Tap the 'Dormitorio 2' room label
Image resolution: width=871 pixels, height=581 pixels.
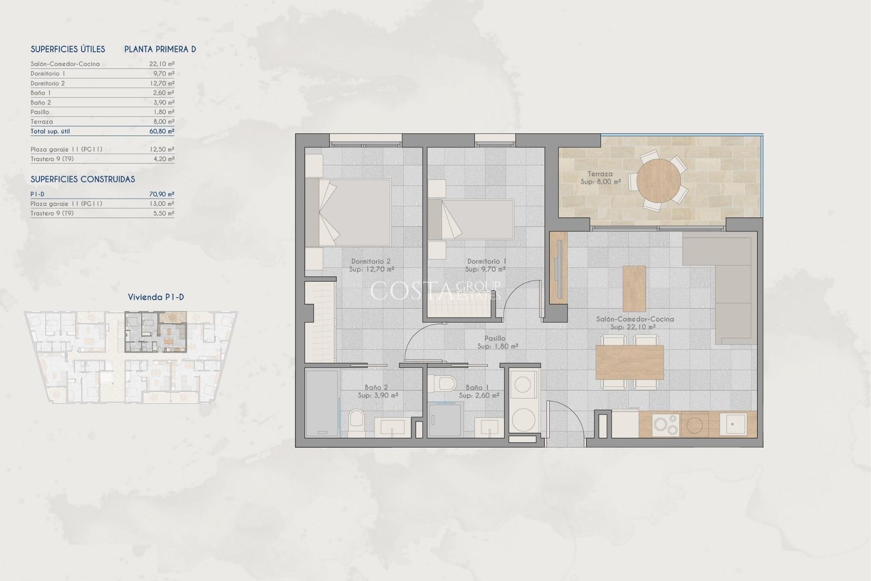[x=371, y=261]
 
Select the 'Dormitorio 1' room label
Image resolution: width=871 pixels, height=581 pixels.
[x=486, y=261]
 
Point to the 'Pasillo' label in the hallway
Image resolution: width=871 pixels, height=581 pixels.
[x=494, y=338]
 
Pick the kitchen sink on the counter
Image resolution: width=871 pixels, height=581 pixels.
[x=733, y=424]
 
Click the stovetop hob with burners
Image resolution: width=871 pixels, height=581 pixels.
[x=666, y=425]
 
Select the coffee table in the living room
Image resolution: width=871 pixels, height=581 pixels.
[x=634, y=289]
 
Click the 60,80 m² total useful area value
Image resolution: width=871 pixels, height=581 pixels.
[x=161, y=131]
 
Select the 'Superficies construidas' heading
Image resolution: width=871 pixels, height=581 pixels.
[x=83, y=179]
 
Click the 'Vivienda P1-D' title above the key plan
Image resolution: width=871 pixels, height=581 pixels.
[x=156, y=297]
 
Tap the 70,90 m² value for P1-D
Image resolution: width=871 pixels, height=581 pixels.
[x=161, y=194]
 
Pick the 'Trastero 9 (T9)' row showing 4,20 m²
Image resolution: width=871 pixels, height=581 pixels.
[x=102, y=159]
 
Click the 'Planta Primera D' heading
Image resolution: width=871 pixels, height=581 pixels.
[x=160, y=49]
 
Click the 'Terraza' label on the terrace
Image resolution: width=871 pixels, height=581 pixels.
[x=600, y=174]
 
